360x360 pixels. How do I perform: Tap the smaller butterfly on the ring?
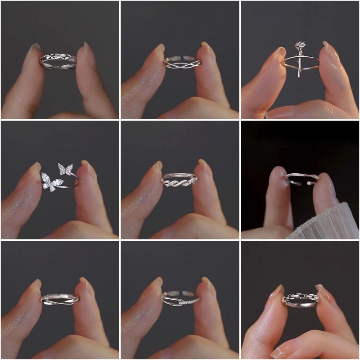pyautogui.click(x=66, y=170)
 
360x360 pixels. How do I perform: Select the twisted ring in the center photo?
pyautogui.click(x=180, y=180)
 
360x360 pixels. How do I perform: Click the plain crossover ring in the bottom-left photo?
pyautogui.click(x=60, y=299)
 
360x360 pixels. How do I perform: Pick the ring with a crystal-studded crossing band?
pyautogui.click(x=180, y=298)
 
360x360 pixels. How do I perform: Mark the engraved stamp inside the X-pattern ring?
pyautogui.click(x=57, y=66)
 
